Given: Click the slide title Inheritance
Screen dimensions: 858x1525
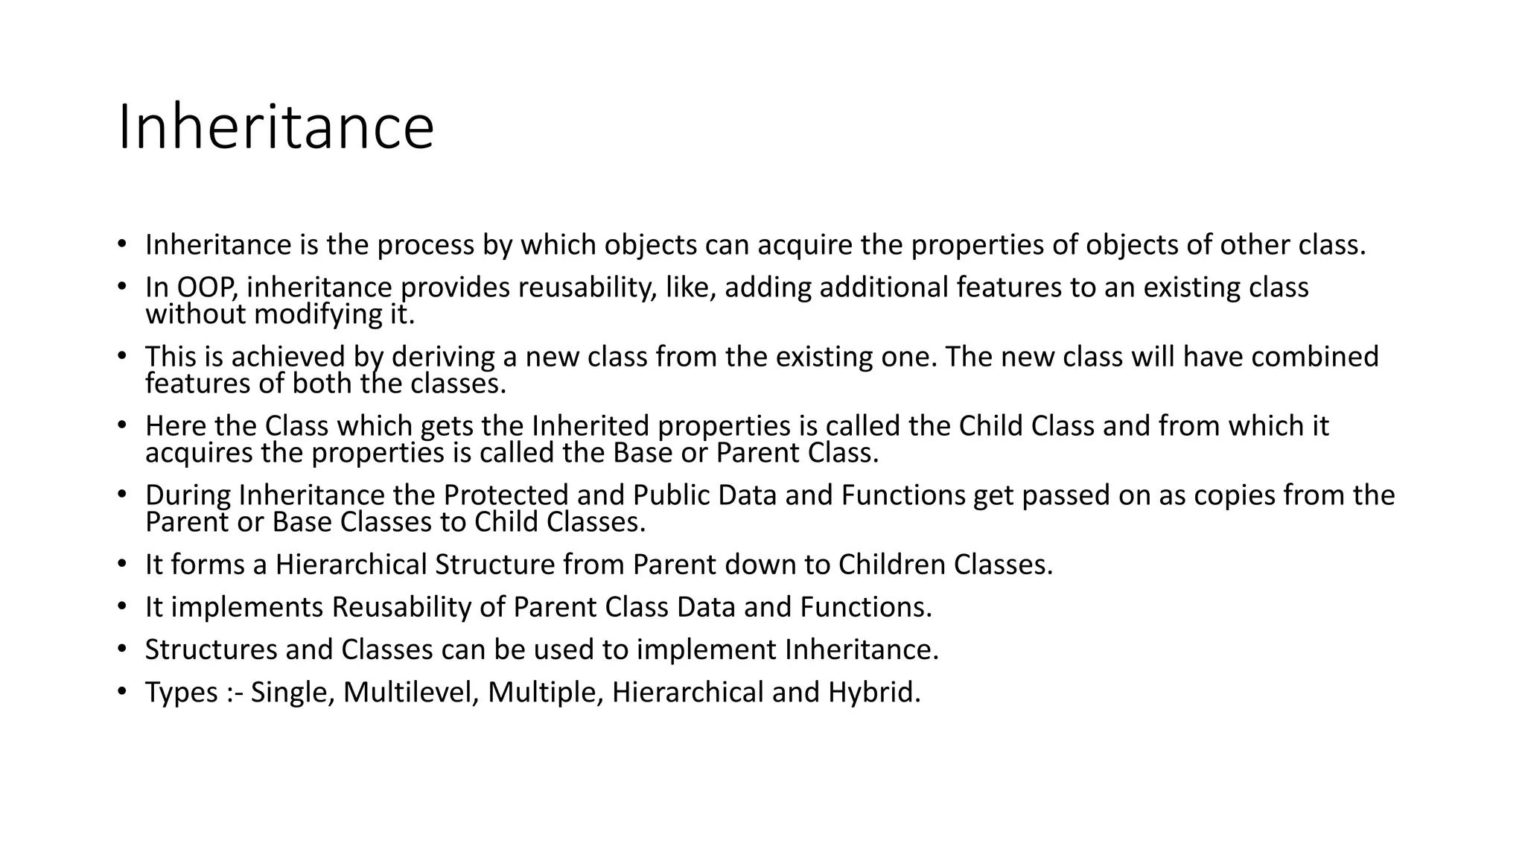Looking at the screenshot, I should (x=276, y=127).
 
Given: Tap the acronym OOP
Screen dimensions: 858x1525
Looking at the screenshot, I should (x=206, y=287).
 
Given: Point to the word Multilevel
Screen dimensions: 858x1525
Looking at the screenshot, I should (x=410, y=693).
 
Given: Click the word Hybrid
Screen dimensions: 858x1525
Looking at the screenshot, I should (x=874, y=693).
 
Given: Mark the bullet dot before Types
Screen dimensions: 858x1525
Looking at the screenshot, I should (x=122, y=691).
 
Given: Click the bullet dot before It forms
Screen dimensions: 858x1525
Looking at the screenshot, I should (x=122, y=564).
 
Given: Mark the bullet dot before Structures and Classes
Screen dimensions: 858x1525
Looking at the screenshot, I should (x=122, y=649).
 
